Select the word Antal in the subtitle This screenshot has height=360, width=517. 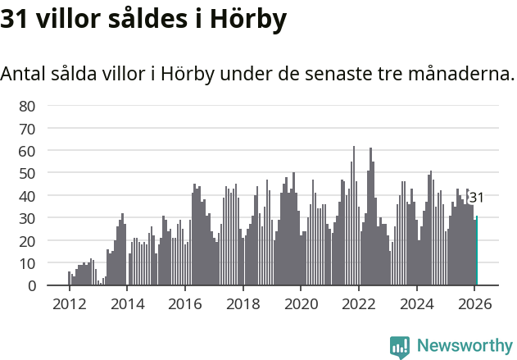click(x=23, y=74)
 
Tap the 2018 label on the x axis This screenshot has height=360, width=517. click(x=243, y=303)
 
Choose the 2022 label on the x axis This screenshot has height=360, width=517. click(x=358, y=303)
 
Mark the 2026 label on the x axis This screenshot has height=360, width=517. click(x=474, y=303)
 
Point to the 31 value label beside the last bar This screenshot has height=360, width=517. click(x=477, y=198)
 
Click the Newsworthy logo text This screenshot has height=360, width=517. click(x=465, y=345)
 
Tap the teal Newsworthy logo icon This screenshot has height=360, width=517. click(x=400, y=346)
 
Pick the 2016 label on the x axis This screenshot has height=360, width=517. click(x=184, y=303)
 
